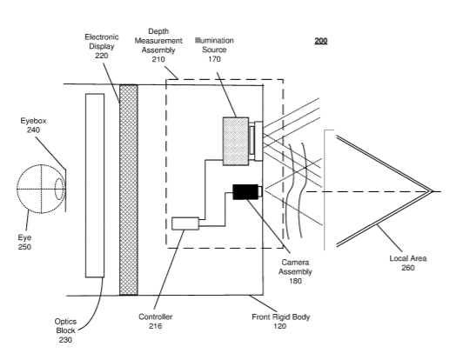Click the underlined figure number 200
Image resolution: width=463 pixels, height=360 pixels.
point(320,41)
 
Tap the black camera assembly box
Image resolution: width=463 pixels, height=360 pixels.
point(245,192)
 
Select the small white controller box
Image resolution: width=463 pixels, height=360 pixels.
point(185,223)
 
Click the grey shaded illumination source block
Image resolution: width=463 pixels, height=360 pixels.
point(236,142)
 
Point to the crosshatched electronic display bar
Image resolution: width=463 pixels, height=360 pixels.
point(129,190)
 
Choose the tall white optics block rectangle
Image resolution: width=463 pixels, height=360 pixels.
point(95,185)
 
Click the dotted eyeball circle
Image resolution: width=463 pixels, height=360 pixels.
point(41,189)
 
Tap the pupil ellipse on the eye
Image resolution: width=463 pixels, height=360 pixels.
point(59,189)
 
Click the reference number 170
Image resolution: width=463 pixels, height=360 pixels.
point(214,59)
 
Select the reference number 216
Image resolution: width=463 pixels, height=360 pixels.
point(155,326)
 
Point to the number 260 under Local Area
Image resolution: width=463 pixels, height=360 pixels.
point(408,268)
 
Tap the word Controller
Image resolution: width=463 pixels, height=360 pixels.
point(155,317)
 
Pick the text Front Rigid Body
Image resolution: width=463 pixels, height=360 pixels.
point(280,317)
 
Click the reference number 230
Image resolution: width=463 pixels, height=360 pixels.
point(65,340)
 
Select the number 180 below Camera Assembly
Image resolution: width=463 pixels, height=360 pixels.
point(295,281)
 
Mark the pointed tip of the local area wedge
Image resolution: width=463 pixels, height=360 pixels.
point(433,191)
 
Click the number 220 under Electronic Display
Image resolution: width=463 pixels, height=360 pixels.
point(101,56)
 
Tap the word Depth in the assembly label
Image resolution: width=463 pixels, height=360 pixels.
point(158,31)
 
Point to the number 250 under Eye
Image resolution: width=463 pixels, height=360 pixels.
point(24,247)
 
